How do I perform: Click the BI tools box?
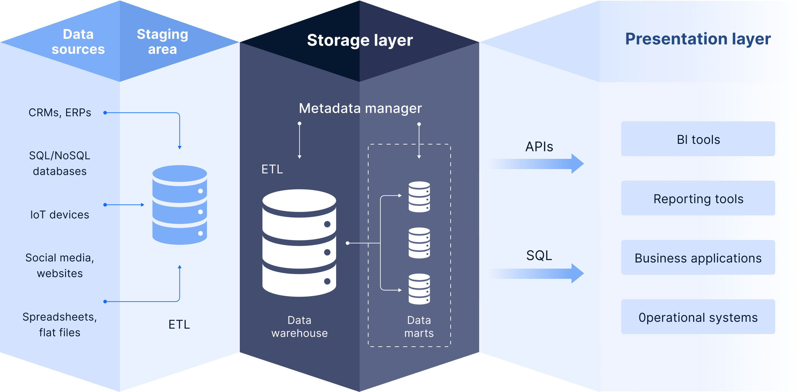click(698, 139)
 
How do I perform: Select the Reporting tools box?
click(698, 198)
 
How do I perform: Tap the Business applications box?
click(698, 258)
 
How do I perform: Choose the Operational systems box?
click(698, 317)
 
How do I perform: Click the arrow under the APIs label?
click(538, 164)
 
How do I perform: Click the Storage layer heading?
click(360, 40)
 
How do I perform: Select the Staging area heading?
click(162, 42)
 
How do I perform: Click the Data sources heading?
click(78, 42)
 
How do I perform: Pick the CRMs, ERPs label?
click(60, 112)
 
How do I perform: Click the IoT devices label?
click(60, 215)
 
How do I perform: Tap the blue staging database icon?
click(179, 205)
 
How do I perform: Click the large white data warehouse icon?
click(299, 243)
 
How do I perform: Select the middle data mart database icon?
click(419, 243)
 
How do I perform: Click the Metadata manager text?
click(360, 108)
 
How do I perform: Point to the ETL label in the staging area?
click(179, 324)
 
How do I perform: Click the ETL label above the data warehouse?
click(272, 169)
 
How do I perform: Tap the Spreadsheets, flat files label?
click(60, 325)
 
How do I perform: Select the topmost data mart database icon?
click(419, 197)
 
